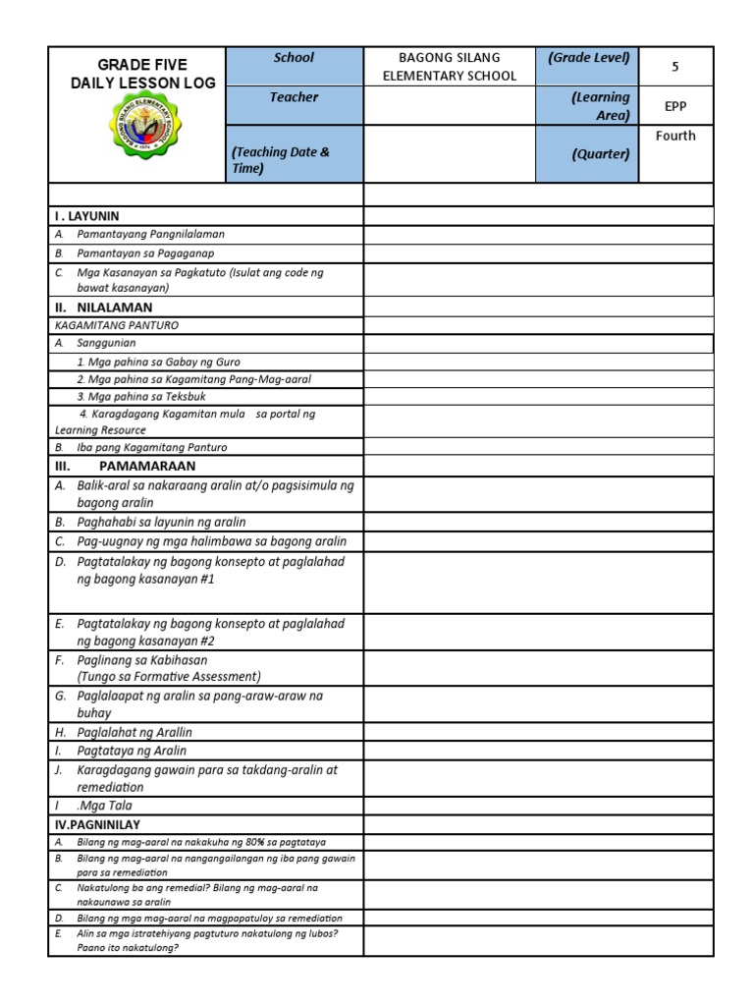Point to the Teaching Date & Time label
point(280,160)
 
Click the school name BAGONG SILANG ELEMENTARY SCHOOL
point(449,67)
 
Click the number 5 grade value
point(674,67)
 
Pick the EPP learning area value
point(674,105)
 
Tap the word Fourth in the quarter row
point(674,136)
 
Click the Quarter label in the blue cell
point(601,154)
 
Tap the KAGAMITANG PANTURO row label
point(118,325)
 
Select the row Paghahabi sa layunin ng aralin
point(161,522)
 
